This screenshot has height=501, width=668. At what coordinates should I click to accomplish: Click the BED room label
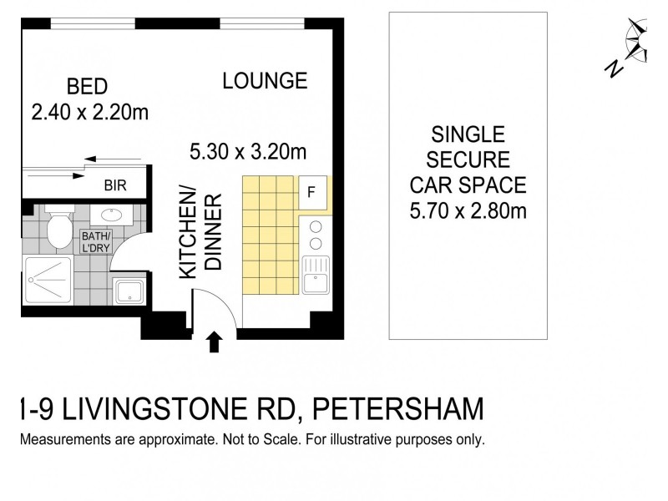[88, 86]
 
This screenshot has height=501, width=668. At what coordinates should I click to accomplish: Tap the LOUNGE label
[265, 81]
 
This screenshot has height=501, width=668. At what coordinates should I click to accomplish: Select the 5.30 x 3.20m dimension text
[248, 152]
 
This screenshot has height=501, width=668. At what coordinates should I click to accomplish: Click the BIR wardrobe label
[115, 185]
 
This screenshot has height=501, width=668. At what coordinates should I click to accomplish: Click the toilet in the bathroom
[58, 228]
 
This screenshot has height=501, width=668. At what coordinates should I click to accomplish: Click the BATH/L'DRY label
[94, 242]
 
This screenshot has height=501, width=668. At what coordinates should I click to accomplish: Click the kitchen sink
[316, 275]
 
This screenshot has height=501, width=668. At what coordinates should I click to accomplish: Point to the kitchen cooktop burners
[316, 235]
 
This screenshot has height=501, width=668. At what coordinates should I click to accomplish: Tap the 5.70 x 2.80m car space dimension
[468, 210]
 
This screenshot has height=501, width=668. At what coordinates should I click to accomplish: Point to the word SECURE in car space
[468, 159]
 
